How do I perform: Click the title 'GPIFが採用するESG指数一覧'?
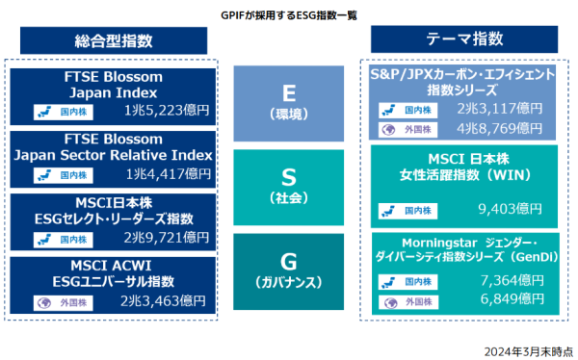click(288, 15)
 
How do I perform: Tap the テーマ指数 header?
click(464, 39)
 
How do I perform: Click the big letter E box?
click(288, 101)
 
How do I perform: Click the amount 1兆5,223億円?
click(168, 110)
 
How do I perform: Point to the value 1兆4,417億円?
click(168, 174)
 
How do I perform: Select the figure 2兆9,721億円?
click(166, 238)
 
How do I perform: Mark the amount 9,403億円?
click(510, 206)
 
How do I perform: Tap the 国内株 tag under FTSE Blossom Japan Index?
click(66, 111)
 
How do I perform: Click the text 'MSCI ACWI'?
click(113, 265)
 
